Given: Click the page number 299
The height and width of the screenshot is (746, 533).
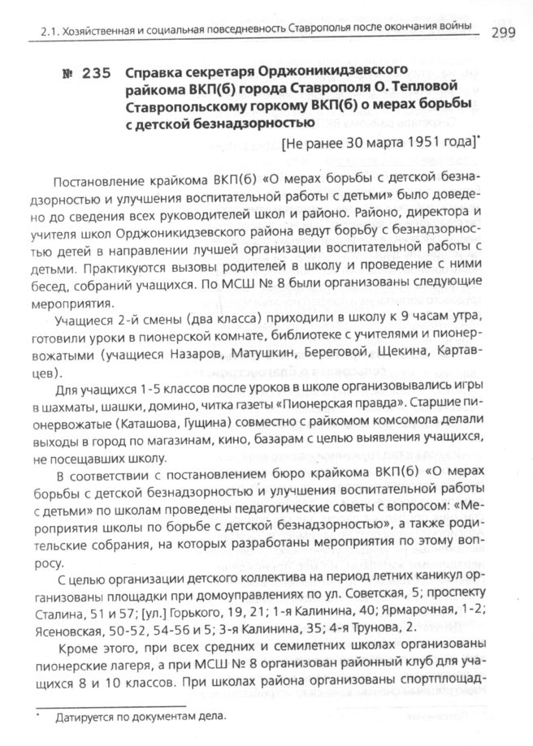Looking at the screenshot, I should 506,31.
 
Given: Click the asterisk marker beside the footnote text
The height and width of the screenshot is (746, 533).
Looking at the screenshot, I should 38,714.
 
